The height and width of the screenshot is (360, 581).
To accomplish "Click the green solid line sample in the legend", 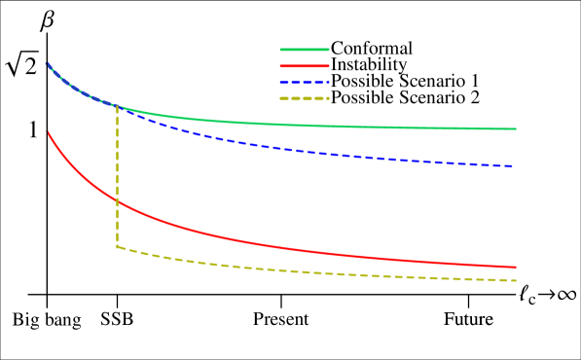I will pyautogui.click(x=305, y=50).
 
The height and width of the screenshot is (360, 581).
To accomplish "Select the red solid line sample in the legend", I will pyautogui.click(x=305, y=66).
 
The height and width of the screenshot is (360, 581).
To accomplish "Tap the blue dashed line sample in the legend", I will pyautogui.click(x=305, y=83).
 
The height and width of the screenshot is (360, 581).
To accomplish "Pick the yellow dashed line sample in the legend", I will pyautogui.click(x=305, y=98).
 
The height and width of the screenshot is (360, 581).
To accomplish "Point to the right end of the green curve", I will pyautogui.click(x=515, y=128).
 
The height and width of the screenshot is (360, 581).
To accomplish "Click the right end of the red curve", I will pyautogui.click(x=515, y=267).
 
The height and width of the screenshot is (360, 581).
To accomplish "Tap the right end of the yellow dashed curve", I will pyautogui.click(x=514, y=280).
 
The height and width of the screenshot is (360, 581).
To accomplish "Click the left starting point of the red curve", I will pyautogui.click(x=49, y=133).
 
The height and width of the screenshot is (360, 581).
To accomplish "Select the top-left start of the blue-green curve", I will pyautogui.click(x=47, y=64).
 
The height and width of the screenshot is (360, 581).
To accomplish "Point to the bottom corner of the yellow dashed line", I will pyautogui.click(x=118, y=246).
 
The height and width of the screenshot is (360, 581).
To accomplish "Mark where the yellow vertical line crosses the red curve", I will pyautogui.click(x=118, y=200).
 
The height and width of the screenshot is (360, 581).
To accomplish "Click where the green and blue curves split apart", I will pyautogui.click(x=118, y=105).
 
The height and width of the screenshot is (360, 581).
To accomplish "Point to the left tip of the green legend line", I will pyautogui.click(x=281, y=50).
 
